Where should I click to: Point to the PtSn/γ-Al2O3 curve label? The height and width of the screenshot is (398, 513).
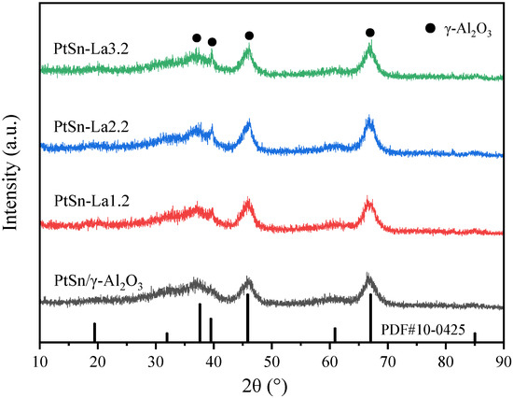tap(98, 278)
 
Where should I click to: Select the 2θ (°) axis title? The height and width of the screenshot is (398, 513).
tap(271, 385)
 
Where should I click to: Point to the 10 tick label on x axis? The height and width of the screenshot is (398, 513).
tap(40, 360)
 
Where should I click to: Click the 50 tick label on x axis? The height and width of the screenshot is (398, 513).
tap(271, 360)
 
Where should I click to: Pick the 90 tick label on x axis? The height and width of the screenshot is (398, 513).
tap(503, 360)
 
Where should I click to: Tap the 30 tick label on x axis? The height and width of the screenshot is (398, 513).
tap(156, 360)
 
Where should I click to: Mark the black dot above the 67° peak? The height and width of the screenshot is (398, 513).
tap(370, 33)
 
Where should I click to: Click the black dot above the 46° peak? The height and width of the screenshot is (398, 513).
tap(249, 36)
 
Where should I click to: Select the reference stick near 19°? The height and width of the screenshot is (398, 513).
tap(94, 334)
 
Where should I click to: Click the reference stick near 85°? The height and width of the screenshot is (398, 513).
tap(474, 338)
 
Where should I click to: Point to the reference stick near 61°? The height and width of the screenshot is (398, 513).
tap(335, 335)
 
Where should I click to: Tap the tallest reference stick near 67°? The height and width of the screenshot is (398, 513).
tap(370, 320)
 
